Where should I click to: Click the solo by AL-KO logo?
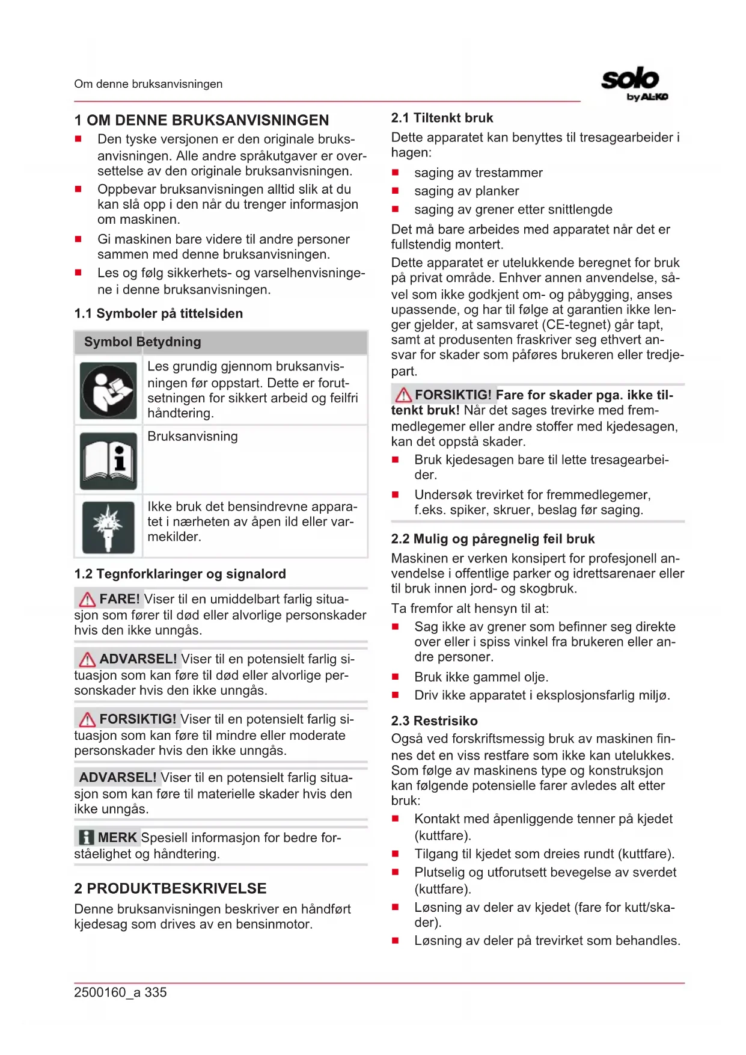pyautogui.click(x=634, y=84)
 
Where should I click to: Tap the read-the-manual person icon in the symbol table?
pyautogui.click(x=108, y=391)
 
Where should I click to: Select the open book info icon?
pyautogui.click(x=108, y=461)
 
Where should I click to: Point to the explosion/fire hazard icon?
pyautogui.click(x=108, y=527)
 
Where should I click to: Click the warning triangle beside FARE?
pyautogui.click(x=87, y=600)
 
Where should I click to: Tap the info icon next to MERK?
pyautogui.click(x=87, y=837)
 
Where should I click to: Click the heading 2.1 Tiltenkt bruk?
pyautogui.click(x=442, y=118)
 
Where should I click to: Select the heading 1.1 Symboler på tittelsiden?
pyautogui.click(x=159, y=313)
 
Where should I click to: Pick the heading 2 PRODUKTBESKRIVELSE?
pyautogui.click(x=170, y=888)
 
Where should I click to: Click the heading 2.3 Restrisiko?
pyautogui.click(x=434, y=721)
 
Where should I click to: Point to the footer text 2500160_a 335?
pyautogui.click(x=120, y=992)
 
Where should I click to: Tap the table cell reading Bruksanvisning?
pyautogui.click(x=192, y=436)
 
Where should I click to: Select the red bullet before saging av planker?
pyautogui.click(x=396, y=191)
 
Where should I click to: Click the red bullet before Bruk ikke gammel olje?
pyautogui.click(x=396, y=677)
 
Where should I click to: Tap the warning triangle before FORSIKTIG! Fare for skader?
pyautogui.click(x=403, y=395)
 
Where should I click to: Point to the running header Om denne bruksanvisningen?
pyautogui.click(x=148, y=84)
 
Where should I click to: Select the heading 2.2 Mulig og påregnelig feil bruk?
pyautogui.click(x=493, y=539)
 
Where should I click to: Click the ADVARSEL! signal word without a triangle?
pyautogui.click(x=117, y=777)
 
